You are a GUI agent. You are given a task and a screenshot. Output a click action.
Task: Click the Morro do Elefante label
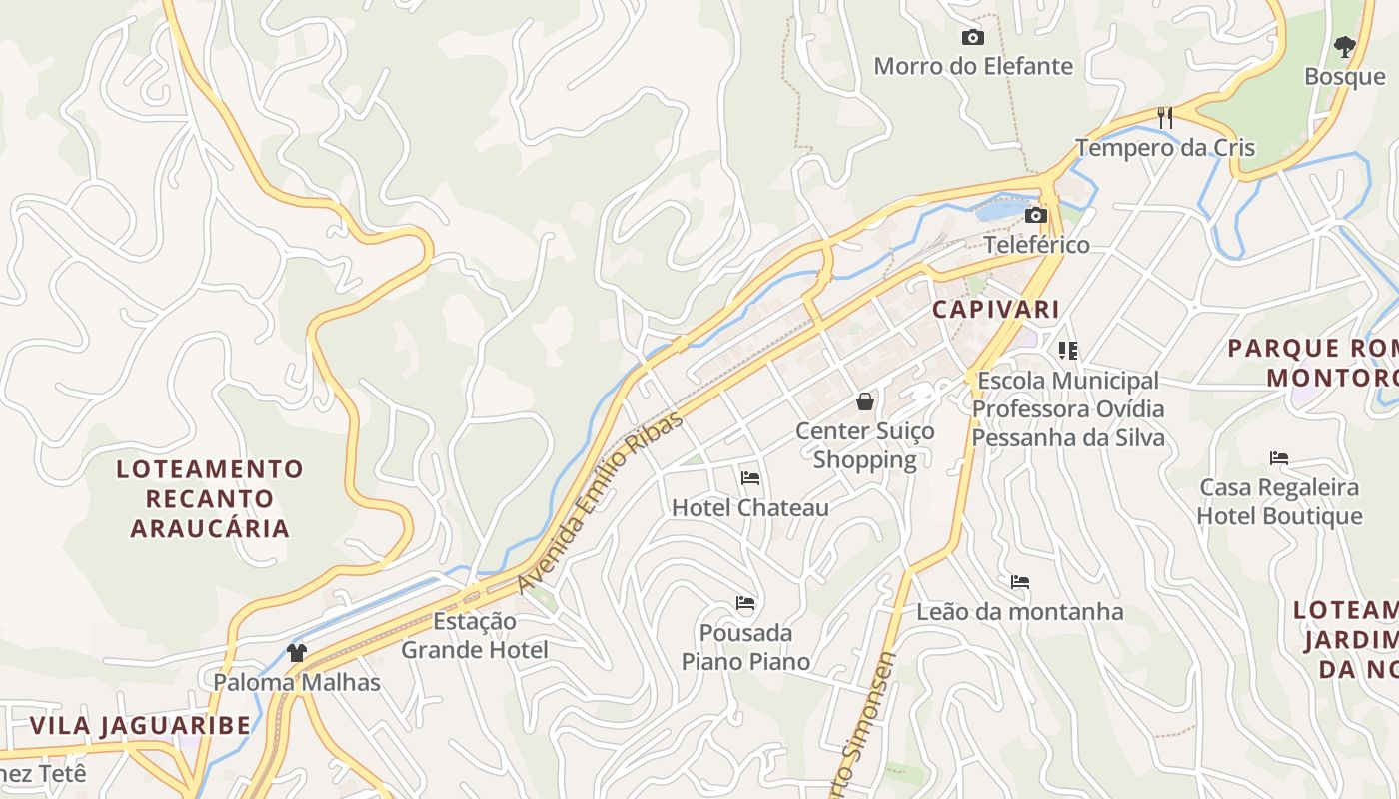tap(973, 67)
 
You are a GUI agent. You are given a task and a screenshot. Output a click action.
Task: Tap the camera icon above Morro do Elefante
tap(972, 38)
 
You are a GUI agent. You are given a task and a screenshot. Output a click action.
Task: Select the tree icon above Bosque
tap(1344, 46)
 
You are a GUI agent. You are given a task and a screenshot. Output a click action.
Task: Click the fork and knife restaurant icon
tap(1165, 118)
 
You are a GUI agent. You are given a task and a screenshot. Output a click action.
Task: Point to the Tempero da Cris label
tap(1165, 148)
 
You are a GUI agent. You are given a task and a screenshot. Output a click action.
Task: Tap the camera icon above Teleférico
tap(1036, 215)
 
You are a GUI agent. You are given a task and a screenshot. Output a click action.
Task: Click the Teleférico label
tap(1037, 245)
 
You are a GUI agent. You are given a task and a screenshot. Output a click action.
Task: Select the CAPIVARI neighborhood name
tap(995, 309)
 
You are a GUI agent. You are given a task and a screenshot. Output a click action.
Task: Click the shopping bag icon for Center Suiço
tap(865, 401)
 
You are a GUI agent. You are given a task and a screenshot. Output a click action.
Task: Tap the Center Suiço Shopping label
tap(865, 445)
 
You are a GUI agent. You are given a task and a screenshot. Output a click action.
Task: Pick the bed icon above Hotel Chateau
tap(750, 478)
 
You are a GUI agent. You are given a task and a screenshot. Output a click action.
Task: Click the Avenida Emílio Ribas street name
tap(601, 501)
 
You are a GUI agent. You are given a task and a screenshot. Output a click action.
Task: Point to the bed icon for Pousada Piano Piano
tap(745, 603)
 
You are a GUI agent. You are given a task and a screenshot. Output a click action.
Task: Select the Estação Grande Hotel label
tap(475, 636)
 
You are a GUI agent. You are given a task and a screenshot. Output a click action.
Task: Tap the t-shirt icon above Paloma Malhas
tap(297, 653)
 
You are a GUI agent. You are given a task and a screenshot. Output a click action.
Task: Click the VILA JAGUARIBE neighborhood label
tap(140, 726)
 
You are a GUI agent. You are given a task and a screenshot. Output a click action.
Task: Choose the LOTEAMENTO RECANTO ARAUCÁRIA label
tap(210, 498)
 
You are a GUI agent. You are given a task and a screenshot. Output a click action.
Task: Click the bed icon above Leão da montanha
tap(1020, 582)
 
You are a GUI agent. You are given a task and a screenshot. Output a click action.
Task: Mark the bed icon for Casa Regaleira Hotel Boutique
tap(1279, 458)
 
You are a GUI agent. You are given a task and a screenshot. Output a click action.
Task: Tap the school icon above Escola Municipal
tap(1068, 351)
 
